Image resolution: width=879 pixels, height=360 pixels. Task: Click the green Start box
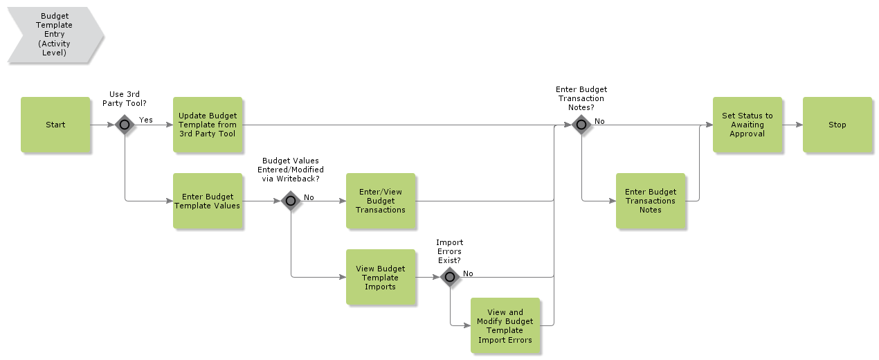(x=55, y=125)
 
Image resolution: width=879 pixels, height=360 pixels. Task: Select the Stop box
(x=837, y=125)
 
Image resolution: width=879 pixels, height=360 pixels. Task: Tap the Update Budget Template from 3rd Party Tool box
(x=208, y=125)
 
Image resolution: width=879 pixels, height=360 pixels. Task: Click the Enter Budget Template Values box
(x=208, y=201)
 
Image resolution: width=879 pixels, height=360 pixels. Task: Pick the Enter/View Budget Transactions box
(x=381, y=201)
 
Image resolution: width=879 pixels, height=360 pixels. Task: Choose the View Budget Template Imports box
(x=381, y=277)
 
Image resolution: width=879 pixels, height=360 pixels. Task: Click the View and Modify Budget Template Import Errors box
(x=505, y=326)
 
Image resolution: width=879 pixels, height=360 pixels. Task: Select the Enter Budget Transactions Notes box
(x=650, y=201)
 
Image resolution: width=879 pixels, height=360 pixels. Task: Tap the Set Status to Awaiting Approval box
(x=747, y=125)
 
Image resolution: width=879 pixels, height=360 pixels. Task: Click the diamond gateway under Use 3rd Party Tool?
(x=125, y=125)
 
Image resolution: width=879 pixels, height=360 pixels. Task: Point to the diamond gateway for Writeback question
(x=291, y=201)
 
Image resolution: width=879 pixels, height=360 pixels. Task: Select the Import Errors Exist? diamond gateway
(x=450, y=278)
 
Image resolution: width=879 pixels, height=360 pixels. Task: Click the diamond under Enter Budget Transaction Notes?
(x=581, y=125)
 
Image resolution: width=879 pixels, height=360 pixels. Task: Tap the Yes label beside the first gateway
(x=146, y=120)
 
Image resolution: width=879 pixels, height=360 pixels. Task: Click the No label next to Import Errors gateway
(x=468, y=273)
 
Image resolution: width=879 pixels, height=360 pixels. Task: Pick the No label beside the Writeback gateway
(x=309, y=197)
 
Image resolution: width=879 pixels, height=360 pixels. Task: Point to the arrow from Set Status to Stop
(x=792, y=125)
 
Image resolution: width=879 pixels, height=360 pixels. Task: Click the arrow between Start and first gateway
(x=102, y=125)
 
